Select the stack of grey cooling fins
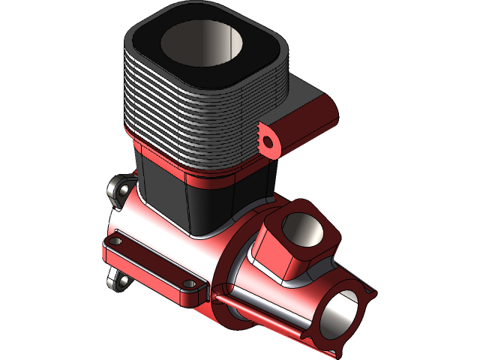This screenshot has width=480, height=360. coord(187,120)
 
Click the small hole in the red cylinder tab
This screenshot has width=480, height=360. coord(265,139)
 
